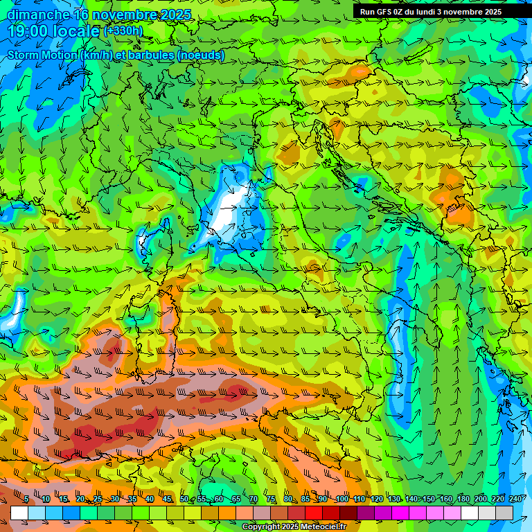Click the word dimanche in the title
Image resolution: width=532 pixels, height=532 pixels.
(x=38, y=15)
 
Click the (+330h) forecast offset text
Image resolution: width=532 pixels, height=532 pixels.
(x=123, y=30)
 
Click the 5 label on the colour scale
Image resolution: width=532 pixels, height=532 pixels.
(x=26, y=499)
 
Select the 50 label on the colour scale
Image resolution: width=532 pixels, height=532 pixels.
(x=184, y=499)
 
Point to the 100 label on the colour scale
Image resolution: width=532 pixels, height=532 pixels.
(x=342, y=499)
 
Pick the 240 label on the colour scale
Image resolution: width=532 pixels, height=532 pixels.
(x=515, y=499)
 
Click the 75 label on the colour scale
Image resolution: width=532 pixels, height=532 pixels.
(x=271, y=499)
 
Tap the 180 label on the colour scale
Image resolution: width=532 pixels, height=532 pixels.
(x=463, y=499)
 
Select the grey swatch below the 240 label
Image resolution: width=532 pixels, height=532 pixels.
(x=504, y=513)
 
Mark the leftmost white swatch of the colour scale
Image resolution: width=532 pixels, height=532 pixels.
(x=19, y=513)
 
